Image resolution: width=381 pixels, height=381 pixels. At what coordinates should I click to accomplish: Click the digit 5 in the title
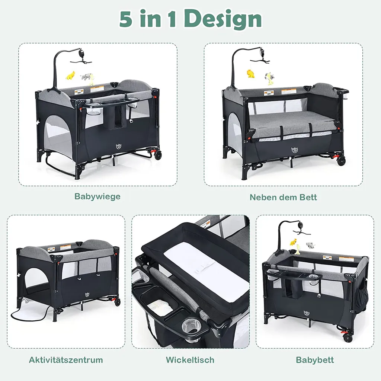(125, 19)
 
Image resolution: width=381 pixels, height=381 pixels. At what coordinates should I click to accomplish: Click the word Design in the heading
(222, 19)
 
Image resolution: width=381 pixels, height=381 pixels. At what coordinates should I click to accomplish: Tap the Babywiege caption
(97, 196)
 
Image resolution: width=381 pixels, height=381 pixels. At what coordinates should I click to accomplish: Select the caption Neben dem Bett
(283, 197)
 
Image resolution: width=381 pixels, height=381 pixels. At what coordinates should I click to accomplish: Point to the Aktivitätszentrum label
(66, 360)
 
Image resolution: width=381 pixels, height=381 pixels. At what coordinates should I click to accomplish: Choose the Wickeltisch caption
(190, 360)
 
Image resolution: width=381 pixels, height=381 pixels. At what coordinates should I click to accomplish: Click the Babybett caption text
(315, 360)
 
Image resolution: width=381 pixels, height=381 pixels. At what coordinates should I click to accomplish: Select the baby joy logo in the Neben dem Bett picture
(295, 150)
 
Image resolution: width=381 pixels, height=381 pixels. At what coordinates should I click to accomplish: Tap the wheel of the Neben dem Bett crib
(341, 160)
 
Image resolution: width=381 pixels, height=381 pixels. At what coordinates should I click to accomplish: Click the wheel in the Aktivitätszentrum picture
(118, 302)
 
